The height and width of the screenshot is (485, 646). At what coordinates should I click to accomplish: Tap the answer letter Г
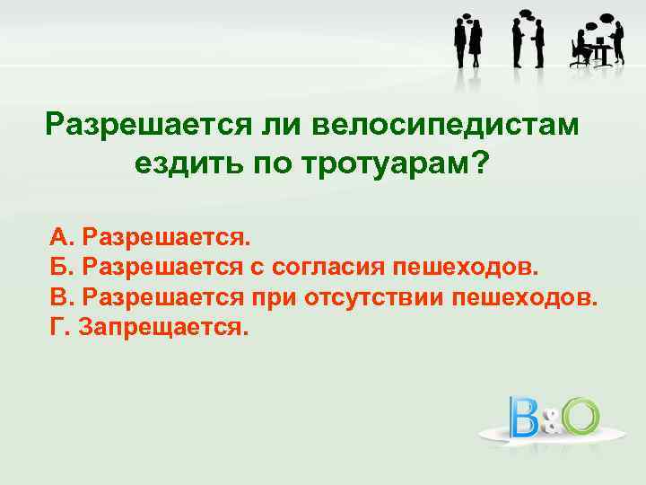57,326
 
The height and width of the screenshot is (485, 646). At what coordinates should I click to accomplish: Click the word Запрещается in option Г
161,326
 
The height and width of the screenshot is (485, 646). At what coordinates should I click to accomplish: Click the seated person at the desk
583,48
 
